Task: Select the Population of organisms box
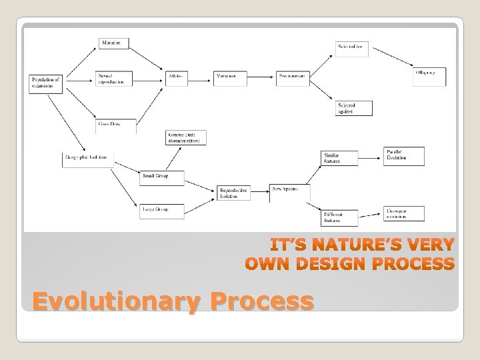pyautogui.click(x=45, y=83)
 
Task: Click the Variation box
pyautogui.click(x=230, y=77)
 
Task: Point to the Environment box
pyautogui.click(x=293, y=77)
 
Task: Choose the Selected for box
pyautogui.click(x=351, y=47)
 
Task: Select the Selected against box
pyautogui.click(x=351, y=108)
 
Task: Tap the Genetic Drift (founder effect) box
pyautogui.click(x=186, y=137)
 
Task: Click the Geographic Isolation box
pyautogui.click(x=87, y=159)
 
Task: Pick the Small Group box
pyautogui.click(x=161, y=177)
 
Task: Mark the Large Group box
pyautogui.click(x=161, y=210)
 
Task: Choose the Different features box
pyautogui.click(x=339, y=215)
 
